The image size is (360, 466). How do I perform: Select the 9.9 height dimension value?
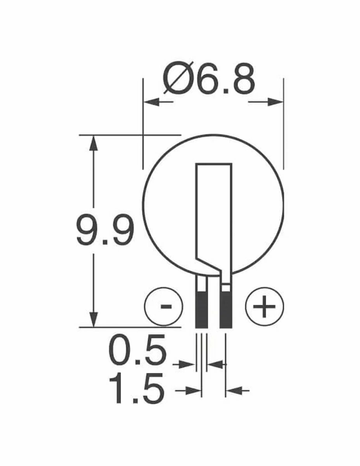point(105,231)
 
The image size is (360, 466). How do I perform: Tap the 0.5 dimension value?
point(137,351)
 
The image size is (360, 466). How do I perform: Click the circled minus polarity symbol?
point(163,306)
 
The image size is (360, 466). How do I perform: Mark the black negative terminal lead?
point(201,309)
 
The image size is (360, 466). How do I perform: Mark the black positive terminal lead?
point(227,309)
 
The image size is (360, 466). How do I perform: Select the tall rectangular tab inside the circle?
point(214,210)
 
